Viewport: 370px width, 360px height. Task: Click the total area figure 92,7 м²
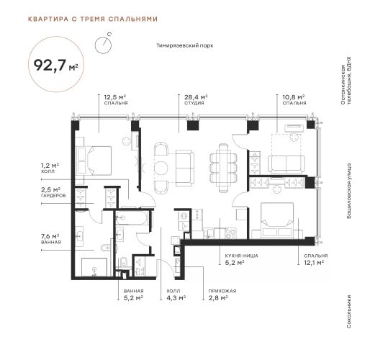56,65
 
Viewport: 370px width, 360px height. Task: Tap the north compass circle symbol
103,45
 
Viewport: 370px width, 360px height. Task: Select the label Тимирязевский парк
185,45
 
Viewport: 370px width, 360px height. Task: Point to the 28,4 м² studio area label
196,97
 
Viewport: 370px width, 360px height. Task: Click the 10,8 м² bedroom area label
294,97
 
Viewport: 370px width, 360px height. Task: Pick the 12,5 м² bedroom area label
115,97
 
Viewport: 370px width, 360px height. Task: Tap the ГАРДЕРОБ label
53,196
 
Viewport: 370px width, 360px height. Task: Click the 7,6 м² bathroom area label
50,236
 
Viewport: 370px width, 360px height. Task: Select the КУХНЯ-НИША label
241,256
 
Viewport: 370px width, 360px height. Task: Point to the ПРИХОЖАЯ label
222,291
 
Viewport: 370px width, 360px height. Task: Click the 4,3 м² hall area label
176,298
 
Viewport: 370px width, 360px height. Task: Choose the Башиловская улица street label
349,191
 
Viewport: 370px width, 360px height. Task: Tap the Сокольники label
349,312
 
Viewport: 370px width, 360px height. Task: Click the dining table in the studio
223,168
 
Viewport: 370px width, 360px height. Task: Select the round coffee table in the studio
161,168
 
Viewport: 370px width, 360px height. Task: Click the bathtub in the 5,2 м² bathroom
132,218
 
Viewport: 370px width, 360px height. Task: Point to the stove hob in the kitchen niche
231,233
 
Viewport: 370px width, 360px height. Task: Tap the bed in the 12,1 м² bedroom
277,220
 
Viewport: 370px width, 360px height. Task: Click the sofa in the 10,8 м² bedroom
286,164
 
